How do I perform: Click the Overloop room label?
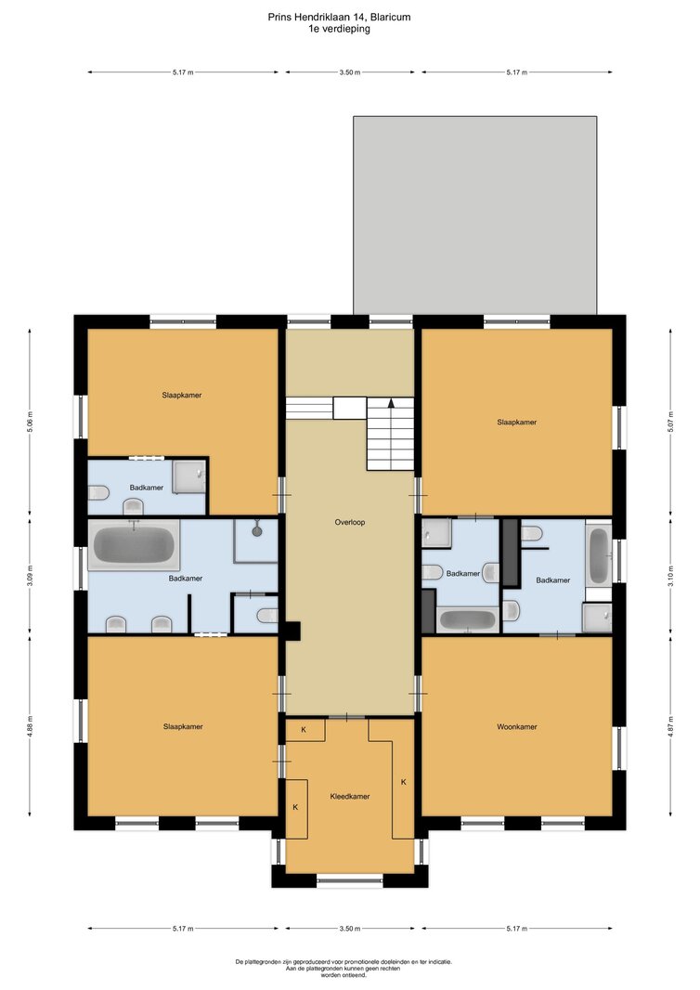(350, 522)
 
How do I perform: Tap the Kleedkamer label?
(350, 797)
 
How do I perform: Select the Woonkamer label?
(517, 727)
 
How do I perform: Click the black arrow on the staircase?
(392, 402)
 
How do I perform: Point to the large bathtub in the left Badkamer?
(134, 545)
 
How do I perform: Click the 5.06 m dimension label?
(31, 422)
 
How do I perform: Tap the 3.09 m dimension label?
(31, 580)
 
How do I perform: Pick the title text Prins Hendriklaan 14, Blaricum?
(339, 17)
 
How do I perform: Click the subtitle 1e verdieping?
(339, 29)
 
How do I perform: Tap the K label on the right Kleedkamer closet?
(403, 782)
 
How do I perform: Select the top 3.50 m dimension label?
(350, 72)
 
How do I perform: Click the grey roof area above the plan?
(474, 215)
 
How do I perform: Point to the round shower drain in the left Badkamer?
(257, 531)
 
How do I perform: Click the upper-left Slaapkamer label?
(182, 396)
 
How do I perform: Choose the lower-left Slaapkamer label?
(183, 727)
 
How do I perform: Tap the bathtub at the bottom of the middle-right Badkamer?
(468, 619)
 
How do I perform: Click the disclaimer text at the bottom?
(344, 969)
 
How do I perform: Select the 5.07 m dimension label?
(671, 422)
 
